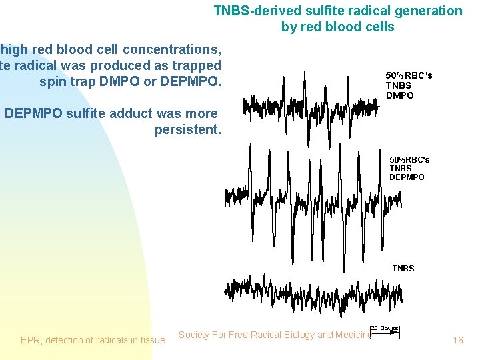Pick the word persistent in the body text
tap(187, 129)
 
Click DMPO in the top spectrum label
tap(399, 95)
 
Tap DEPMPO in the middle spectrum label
tap(407, 177)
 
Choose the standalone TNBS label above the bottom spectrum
tap(403, 268)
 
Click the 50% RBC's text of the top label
tap(409, 75)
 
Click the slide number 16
tap(457, 340)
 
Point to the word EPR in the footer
tap(30, 340)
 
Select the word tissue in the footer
tap(151, 340)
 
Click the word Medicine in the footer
tap(353, 335)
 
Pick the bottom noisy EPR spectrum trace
tap(313, 290)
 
